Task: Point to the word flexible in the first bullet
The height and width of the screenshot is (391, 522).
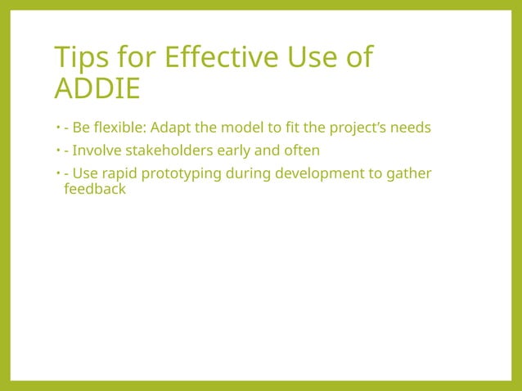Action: (x=120, y=128)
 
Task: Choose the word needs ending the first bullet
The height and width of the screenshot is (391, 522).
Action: (x=411, y=128)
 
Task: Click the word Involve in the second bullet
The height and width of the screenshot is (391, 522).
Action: (x=95, y=151)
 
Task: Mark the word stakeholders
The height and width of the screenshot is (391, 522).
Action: (x=164, y=151)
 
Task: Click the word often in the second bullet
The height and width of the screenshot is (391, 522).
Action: (x=300, y=151)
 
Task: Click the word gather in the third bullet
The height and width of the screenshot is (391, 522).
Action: (x=411, y=173)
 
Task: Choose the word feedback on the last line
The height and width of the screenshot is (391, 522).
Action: (x=94, y=189)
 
